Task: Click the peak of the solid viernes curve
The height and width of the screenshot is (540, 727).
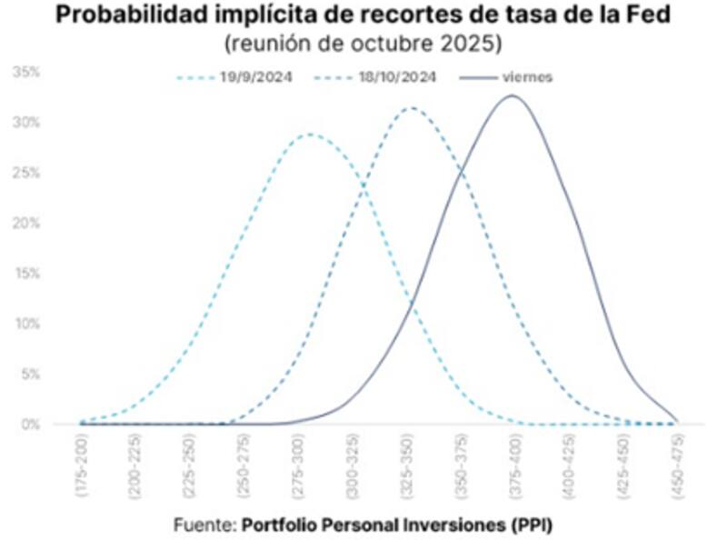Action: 512,95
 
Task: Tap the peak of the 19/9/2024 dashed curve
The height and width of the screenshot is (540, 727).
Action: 309,135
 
